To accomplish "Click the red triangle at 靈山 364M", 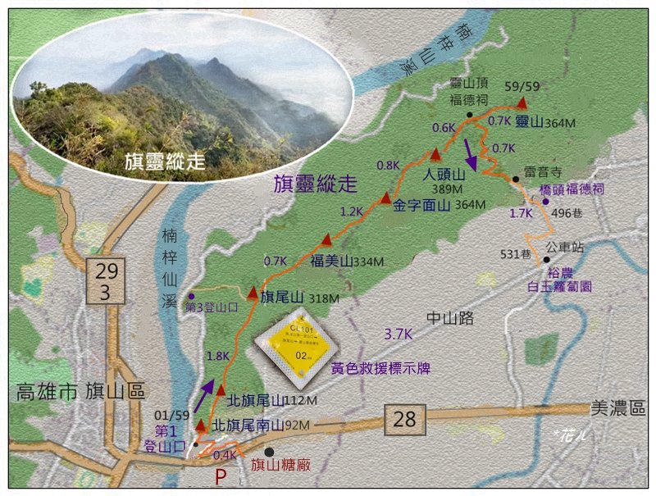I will coord(522,103).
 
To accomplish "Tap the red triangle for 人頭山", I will coord(435,155).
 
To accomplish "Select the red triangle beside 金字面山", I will coord(385,198).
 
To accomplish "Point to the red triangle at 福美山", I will coord(326,239).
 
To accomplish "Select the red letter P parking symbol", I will coord(221,477).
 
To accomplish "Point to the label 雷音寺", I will coord(542,172).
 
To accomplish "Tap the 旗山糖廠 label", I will coord(280,466).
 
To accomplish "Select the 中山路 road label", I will coord(449,319).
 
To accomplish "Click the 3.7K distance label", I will coord(399,334).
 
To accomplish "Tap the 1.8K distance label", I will coord(219,356).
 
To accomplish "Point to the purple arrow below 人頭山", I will coord(470,152).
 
